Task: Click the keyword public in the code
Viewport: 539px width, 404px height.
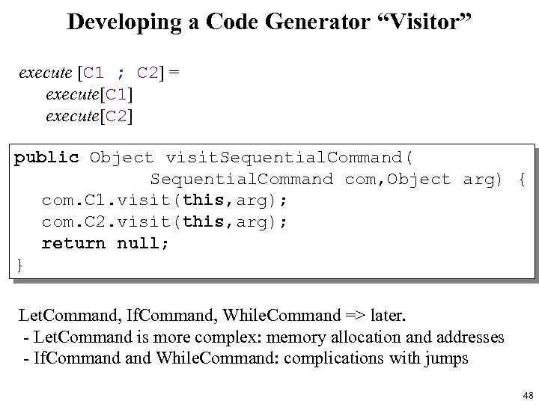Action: point(46,158)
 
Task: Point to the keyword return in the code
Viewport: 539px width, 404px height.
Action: point(73,243)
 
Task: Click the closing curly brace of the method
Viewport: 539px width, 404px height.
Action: point(19,264)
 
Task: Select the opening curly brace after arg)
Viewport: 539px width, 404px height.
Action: point(521,179)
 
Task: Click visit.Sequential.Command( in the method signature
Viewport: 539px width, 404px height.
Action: point(289,158)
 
